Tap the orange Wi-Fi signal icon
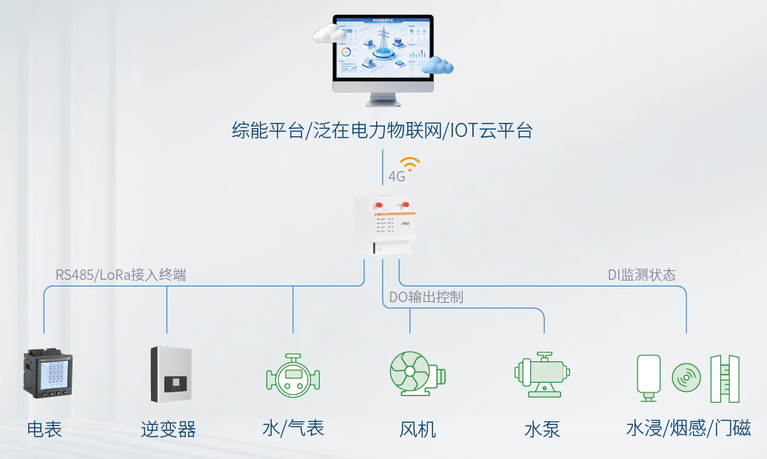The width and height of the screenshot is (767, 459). (409, 164)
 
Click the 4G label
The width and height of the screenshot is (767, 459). (397, 177)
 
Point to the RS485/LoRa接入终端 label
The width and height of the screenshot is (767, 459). (121, 275)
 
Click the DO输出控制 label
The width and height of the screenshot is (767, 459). (426, 298)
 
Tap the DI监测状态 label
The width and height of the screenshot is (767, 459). (642, 275)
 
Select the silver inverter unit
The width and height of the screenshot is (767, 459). (170, 374)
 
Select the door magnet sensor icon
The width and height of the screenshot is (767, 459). (725, 378)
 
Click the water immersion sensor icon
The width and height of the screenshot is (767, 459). (649, 376)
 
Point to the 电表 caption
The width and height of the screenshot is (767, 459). (44, 429)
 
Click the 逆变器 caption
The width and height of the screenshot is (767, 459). (169, 429)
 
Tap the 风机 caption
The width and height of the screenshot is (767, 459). (418, 429)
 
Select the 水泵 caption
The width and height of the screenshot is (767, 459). (542, 429)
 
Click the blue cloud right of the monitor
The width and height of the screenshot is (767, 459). (437, 66)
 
